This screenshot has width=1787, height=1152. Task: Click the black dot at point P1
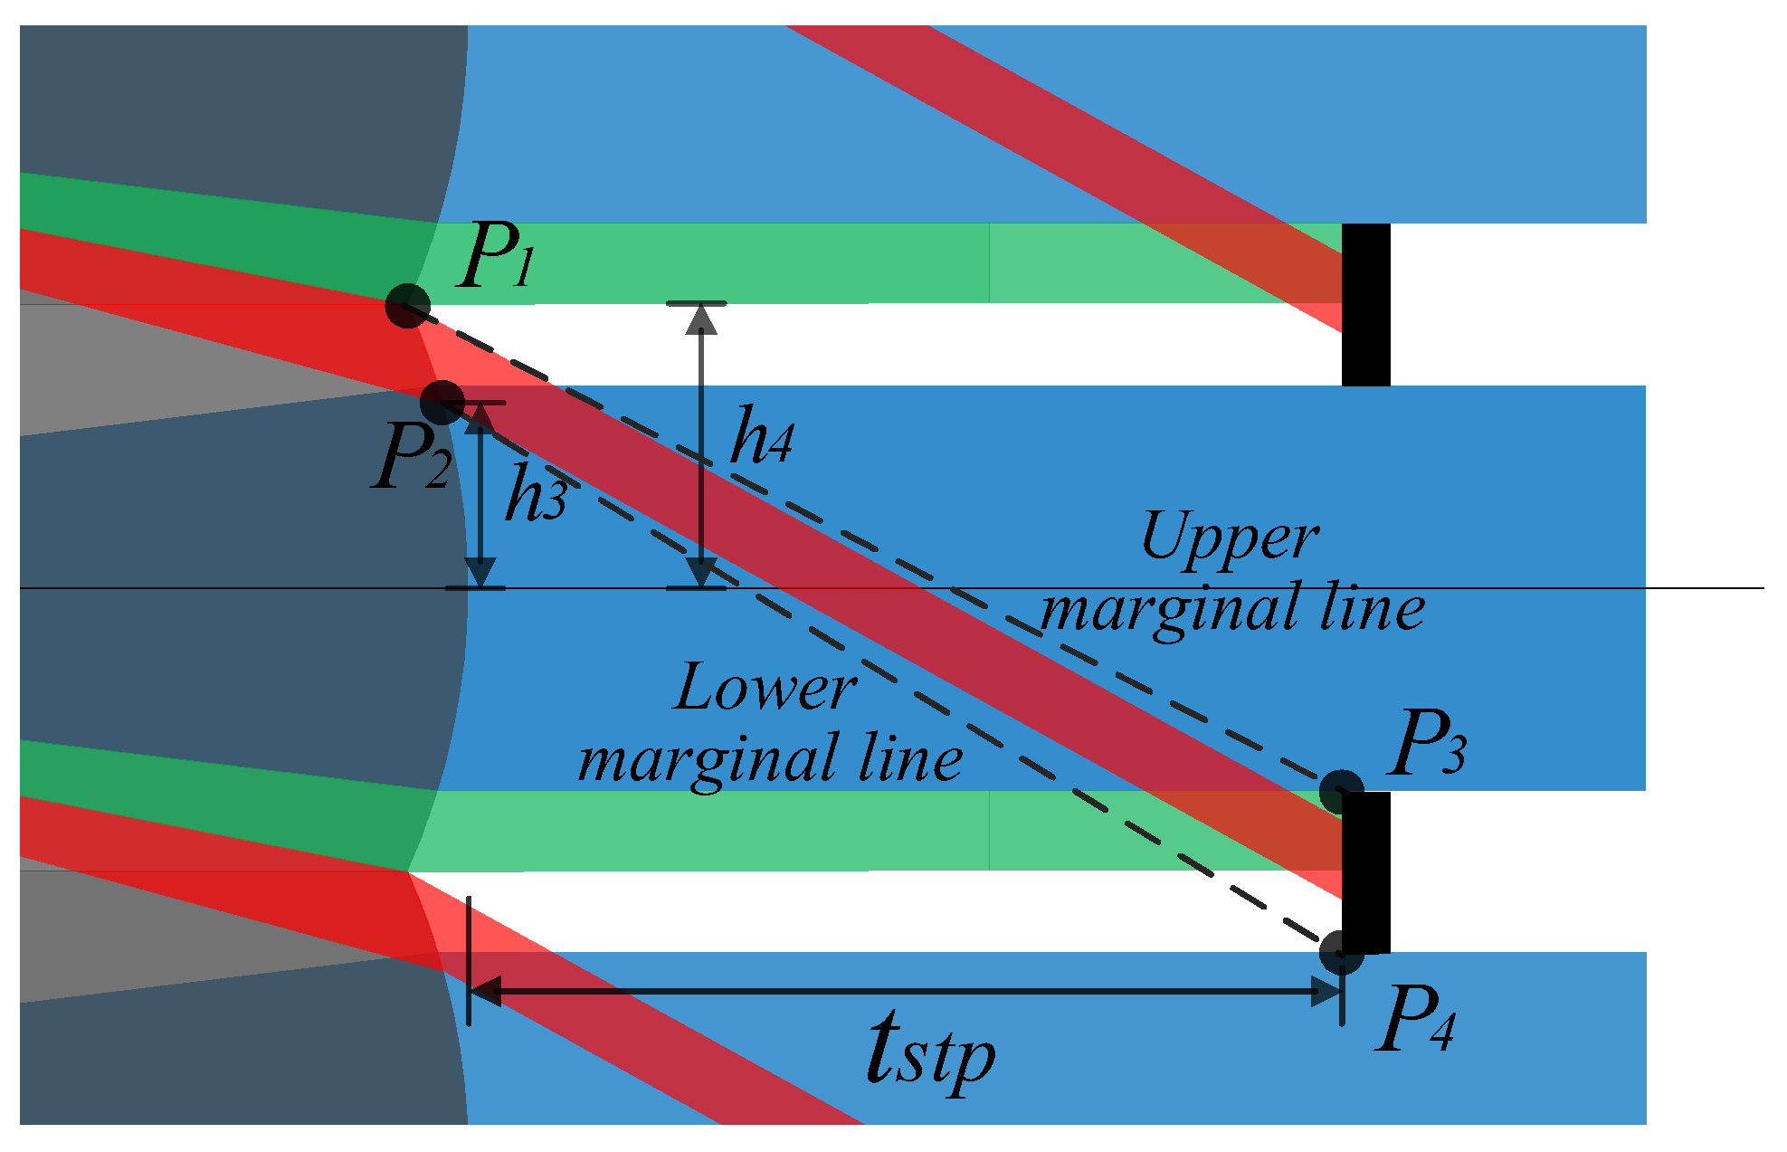[407, 305]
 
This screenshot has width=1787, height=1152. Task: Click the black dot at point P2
[442, 402]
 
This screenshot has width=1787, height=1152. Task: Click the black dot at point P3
[1341, 792]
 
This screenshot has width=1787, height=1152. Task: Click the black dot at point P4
[1341, 952]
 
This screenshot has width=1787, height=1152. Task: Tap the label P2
[412, 458]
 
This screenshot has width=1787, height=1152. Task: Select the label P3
[1427, 744]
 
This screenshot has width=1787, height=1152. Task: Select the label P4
[1415, 1019]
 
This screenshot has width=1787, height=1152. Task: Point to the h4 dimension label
[762, 437]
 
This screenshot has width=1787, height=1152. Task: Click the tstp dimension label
[930, 1050]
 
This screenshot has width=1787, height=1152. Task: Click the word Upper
[1230, 538]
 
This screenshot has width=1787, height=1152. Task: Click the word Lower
[765, 688]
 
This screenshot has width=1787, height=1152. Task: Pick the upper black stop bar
[1365, 305]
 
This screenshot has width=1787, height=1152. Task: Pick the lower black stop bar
[1365, 871]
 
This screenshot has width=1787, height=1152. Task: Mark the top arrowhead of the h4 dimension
[701, 319]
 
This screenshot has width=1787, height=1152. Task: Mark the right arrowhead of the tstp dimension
[1326, 992]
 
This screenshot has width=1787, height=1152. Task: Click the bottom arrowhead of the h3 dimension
[480, 573]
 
